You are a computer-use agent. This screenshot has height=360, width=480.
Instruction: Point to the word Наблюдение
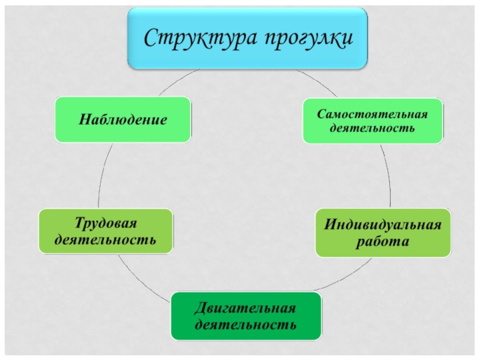(123, 120)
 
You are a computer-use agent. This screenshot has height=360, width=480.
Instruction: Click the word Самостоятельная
(373, 114)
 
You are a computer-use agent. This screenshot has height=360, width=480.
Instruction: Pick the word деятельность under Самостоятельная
(373, 128)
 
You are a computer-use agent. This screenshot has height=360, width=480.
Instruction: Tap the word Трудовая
(106, 224)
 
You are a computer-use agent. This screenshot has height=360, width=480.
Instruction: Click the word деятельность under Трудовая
(106, 240)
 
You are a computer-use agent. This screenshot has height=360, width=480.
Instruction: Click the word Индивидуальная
(383, 226)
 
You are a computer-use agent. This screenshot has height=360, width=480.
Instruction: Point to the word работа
(383, 242)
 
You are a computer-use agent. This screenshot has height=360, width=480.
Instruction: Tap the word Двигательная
(245, 309)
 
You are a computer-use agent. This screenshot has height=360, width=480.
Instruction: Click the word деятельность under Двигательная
(245, 325)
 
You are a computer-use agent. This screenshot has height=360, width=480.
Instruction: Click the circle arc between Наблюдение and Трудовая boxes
(101, 174)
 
